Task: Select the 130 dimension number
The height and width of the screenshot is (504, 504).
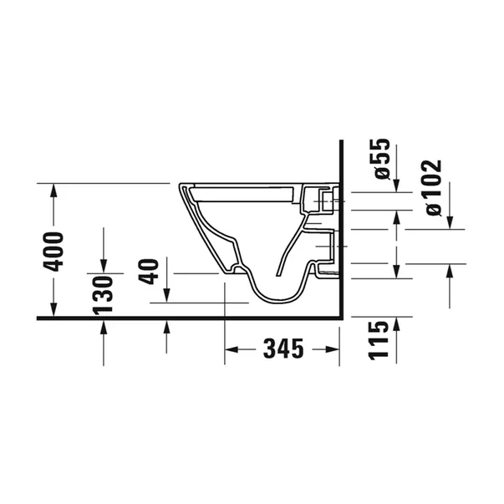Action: (104, 294)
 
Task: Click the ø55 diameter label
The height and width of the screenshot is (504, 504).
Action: (383, 160)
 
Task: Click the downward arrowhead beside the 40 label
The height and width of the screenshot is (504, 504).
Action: (167, 297)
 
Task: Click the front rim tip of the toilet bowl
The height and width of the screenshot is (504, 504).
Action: (179, 186)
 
